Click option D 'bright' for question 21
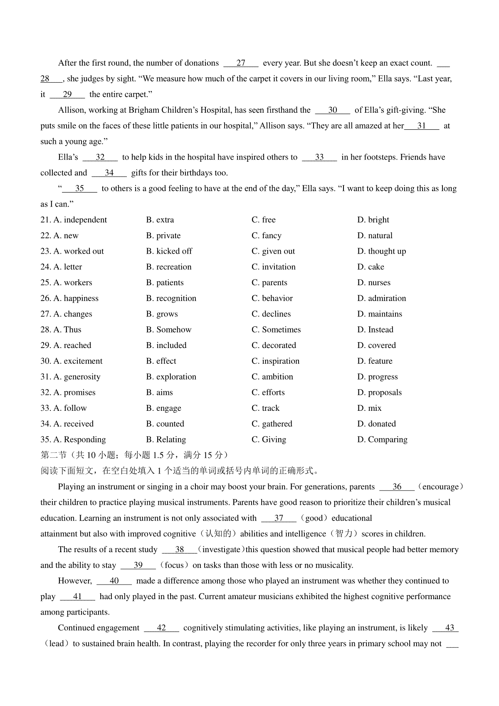click(x=373, y=220)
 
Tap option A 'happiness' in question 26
click(x=76, y=299)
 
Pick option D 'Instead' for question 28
click(x=375, y=330)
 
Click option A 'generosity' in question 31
click(x=77, y=377)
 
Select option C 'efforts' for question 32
click(x=268, y=392)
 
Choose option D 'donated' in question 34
click(x=376, y=424)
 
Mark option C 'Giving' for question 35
click(x=269, y=440)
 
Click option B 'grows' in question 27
click(x=162, y=314)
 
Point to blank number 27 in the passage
click(x=241, y=63)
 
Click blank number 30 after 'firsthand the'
click(x=333, y=110)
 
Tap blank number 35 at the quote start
click(x=79, y=189)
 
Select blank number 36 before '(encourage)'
click(x=397, y=487)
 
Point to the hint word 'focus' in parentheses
click(x=174, y=565)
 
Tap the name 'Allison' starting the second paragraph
click(x=72, y=110)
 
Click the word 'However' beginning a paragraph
click(x=74, y=581)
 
